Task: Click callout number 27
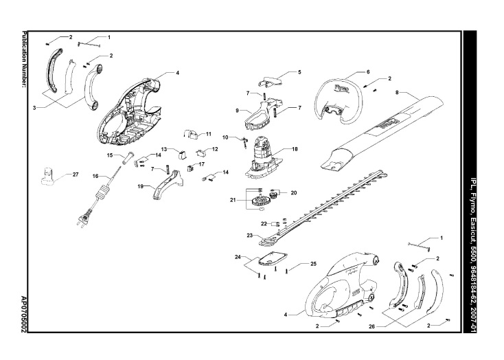point(76,175)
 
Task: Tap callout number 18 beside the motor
point(295,148)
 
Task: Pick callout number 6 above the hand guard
point(368,71)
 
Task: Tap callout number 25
point(313,263)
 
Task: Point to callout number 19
point(139,185)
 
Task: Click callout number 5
point(299,71)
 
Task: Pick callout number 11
point(208,133)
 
